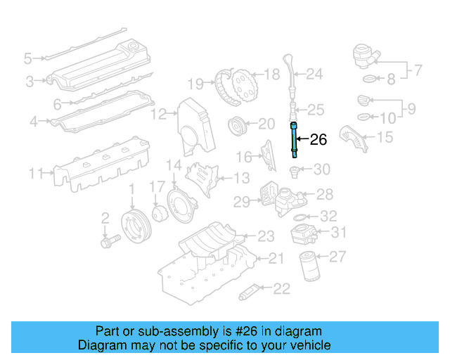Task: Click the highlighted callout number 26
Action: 319,140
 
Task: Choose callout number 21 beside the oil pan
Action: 276,259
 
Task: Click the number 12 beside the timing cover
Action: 160,113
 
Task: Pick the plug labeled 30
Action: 296,170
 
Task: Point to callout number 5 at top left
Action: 28,58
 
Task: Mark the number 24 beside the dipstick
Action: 314,73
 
